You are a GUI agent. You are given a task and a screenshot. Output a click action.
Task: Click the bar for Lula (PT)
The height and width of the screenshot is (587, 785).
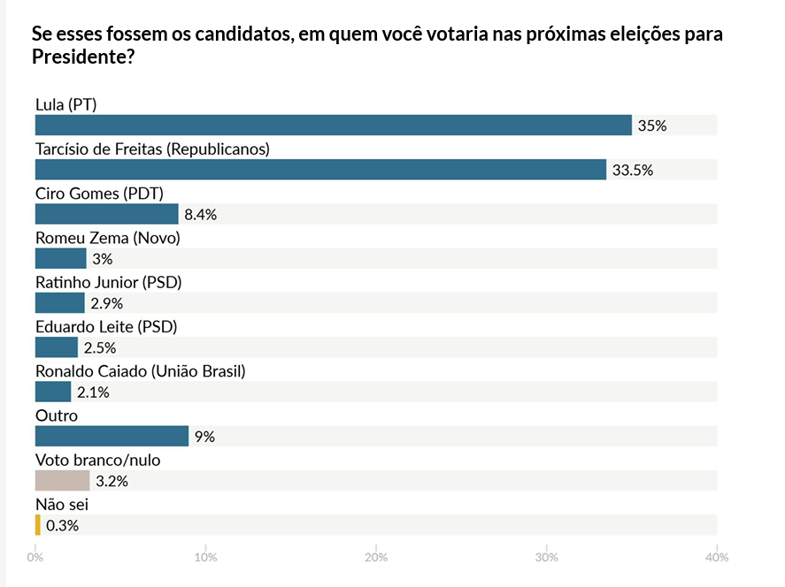click(x=333, y=126)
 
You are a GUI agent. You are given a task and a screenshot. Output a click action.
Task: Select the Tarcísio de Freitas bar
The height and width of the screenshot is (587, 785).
click(x=320, y=170)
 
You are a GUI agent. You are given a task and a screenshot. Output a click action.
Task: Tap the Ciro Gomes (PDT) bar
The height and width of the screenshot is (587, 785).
click(x=106, y=214)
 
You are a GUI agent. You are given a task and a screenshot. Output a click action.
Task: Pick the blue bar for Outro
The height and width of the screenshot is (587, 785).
click(x=112, y=436)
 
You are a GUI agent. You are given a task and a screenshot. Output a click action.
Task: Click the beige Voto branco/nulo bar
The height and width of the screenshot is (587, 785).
click(x=62, y=481)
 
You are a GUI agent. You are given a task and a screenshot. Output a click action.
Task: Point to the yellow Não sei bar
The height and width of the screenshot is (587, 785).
click(x=37, y=525)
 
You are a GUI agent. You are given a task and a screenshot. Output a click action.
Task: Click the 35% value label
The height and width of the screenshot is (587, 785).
click(x=652, y=126)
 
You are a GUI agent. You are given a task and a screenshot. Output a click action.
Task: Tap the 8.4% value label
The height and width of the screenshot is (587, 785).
click(x=201, y=215)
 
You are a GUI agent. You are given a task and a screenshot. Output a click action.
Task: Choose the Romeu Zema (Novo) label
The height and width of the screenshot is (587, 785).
click(x=107, y=238)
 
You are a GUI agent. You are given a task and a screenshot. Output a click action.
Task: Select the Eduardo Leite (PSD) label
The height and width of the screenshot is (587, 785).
click(x=106, y=326)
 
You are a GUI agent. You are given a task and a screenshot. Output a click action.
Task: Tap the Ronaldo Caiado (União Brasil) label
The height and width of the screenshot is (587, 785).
click(x=140, y=370)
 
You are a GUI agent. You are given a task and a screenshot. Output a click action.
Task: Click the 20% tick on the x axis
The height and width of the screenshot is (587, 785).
click(x=376, y=558)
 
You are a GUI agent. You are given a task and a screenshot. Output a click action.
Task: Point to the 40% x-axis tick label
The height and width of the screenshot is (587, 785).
click(x=717, y=558)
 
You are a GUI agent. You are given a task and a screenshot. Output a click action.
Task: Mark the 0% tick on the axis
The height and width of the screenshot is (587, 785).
click(x=35, y=558)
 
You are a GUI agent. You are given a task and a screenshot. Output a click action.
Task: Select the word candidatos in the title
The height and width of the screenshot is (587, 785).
click(x=197, y=36)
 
